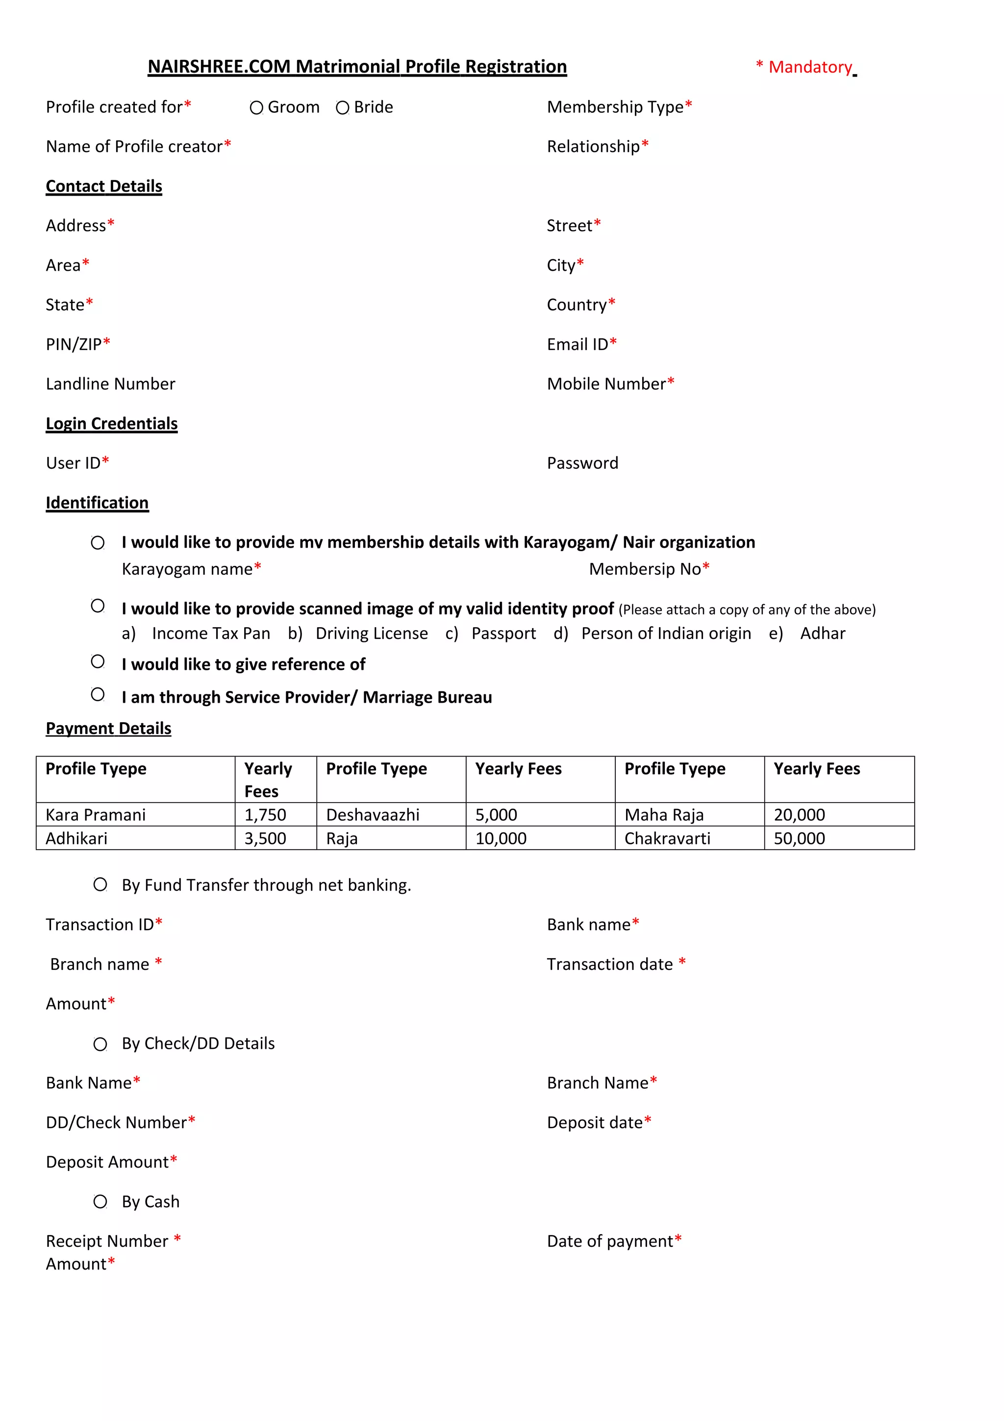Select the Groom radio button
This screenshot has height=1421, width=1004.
click(x=256, y=108)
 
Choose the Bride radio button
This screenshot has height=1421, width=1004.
click(x=342, y=108)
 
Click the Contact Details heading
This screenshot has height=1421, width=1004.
click(x=104, y=186)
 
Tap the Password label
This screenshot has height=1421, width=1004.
click(x=582, y=463)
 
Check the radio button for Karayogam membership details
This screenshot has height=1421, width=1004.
click(x=98, y=543)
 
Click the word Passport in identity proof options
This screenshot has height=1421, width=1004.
click(x=503, y=633)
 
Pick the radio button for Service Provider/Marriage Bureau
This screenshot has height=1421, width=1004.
click(x=98, y=694)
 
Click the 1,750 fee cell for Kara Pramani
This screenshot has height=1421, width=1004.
click(x=265, y=814)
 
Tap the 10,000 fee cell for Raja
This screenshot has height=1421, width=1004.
click(x=501, y=838)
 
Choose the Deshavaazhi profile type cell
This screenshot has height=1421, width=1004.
click(x=373, y=814)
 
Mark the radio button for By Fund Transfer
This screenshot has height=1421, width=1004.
click(x=100, y=885)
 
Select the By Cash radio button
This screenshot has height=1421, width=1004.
click(x=100, y=1201)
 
